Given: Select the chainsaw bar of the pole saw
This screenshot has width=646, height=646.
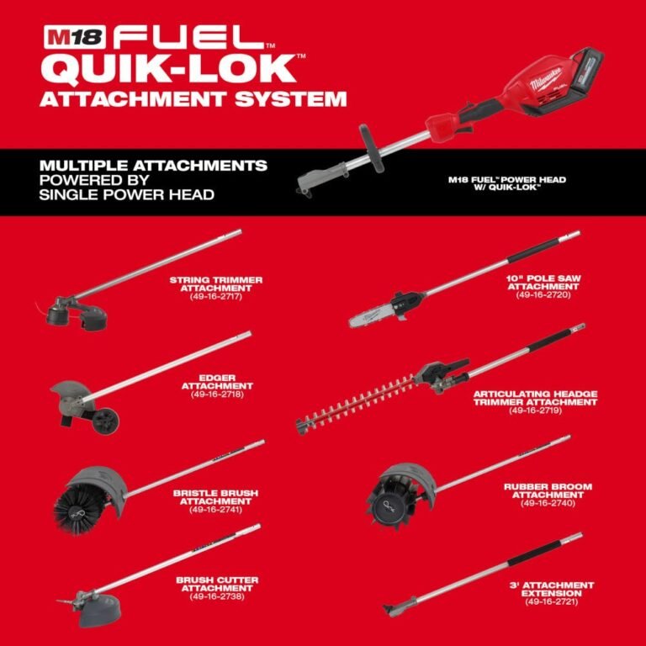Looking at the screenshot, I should coord(378,316).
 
